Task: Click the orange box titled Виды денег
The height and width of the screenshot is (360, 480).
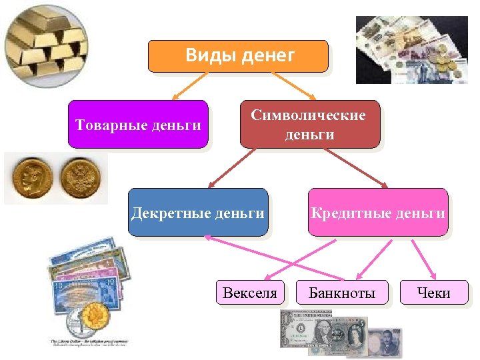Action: [x=237, y=55]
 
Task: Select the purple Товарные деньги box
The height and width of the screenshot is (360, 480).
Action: [x=138, y=124]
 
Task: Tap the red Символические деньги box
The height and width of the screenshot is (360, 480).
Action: [x=309, y=124]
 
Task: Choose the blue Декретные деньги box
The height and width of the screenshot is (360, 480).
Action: [x=198, y=213]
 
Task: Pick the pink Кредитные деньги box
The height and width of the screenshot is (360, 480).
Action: [x=377, y=213]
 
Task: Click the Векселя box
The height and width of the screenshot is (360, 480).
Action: [x=250, y=293]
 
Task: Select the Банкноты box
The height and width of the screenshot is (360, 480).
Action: [x=342, y=293]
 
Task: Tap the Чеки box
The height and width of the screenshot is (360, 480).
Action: [x=433, y=293]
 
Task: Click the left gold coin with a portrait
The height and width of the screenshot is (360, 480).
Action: [x=31, y=177]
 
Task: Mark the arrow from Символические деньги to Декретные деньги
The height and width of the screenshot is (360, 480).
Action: [x=230, y=168]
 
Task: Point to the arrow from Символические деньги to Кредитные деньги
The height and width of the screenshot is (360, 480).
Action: [x=357, y=168]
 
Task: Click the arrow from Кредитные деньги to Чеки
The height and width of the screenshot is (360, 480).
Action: [x=423, y=259]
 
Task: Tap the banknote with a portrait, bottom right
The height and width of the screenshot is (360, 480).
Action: [x=384, y=343]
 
